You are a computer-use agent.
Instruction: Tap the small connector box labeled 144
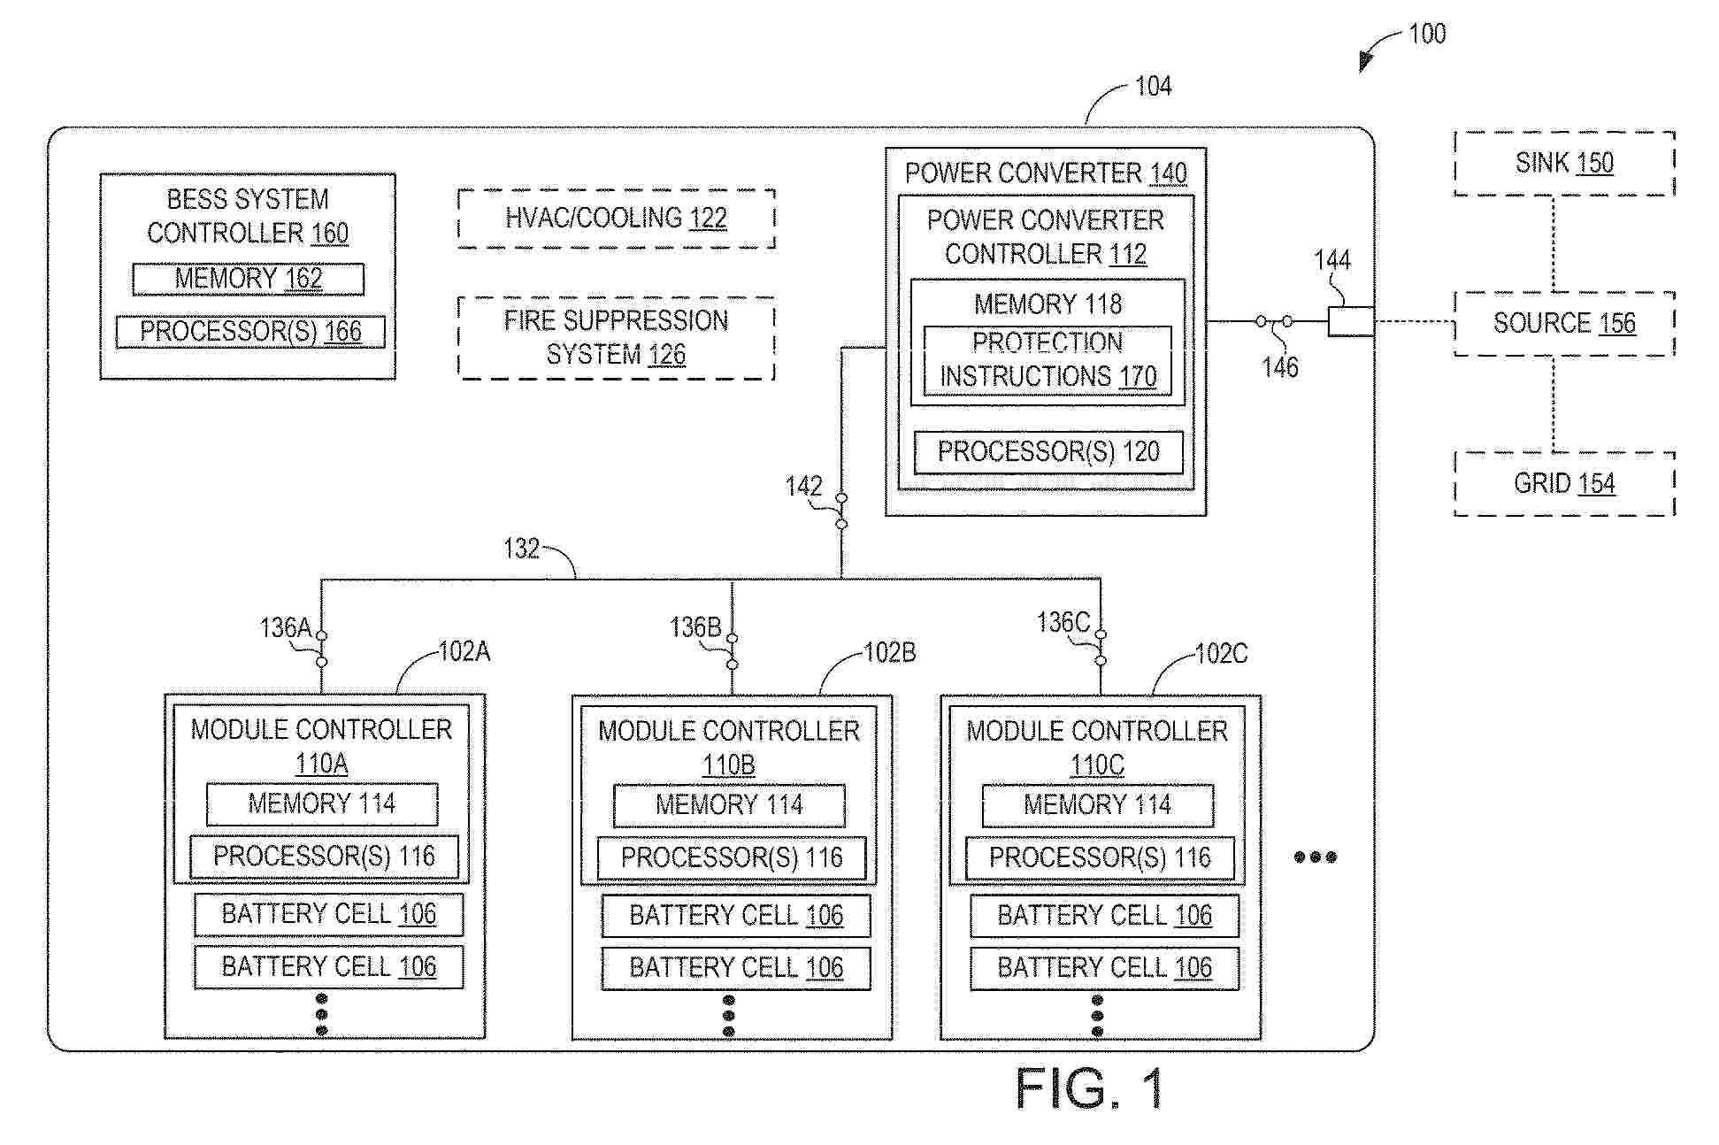tap(1351, 321)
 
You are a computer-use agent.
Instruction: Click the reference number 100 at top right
tap(1427, 35)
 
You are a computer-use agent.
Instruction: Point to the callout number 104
tap(1154, 86)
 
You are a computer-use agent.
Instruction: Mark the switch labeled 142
tap(841, 511)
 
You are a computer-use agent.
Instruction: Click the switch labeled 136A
tap(321, 649)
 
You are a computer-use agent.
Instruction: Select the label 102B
tap(889, 653)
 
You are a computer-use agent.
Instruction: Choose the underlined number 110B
tap(728, 765)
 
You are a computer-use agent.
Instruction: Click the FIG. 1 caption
tap(1089, 1088)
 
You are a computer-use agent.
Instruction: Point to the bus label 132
tap(521, 549)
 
